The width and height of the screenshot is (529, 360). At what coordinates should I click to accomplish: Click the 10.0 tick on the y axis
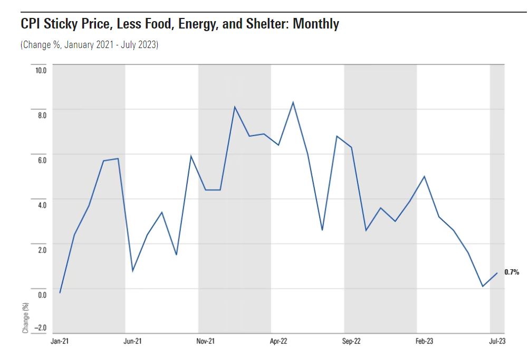click(41, 70)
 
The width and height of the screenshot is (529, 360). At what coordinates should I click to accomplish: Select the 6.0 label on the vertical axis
click(41, 160)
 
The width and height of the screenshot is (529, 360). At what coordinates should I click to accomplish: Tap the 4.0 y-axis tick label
click(41, 205)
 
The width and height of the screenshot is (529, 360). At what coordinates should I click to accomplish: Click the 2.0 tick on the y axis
click(41, 250)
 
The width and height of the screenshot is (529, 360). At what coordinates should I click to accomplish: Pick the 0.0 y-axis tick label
click(41, 295)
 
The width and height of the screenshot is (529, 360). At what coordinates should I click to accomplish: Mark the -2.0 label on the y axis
click(40, 327)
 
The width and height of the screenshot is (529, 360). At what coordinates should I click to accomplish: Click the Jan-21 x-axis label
click(60, 342)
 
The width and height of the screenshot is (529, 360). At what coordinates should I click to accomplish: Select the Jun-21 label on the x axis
click(133, 342)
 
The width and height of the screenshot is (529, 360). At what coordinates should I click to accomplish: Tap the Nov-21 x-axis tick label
click(206, 342)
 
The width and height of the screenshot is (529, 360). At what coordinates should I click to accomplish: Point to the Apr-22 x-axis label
click(278, 342)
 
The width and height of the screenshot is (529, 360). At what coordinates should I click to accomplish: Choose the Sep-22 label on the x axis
click(351, 342)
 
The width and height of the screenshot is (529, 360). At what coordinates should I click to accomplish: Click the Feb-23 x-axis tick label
click(424, 342)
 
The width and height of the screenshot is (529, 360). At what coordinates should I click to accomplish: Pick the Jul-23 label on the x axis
click(497, 342)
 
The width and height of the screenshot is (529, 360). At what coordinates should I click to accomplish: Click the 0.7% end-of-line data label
click(512, 272)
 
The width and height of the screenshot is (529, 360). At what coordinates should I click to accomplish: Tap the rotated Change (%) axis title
click(25, 317)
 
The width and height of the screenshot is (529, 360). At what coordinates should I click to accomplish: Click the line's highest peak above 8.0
click(293, 102)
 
